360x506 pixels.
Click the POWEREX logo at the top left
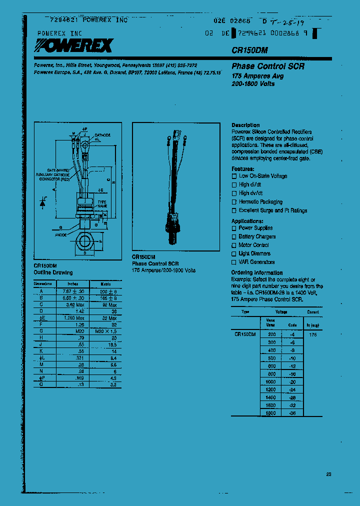click(x=73, y=46)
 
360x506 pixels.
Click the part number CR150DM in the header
click(x=248, y=50)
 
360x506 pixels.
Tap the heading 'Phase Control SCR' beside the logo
click(x=267, y=66)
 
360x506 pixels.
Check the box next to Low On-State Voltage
click(x=233, y=176)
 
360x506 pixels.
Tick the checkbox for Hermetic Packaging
click(x=233, y=202)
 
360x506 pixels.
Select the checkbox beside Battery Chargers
click(x=233, y=236)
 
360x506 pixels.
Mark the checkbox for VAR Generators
click(x=233, y=262)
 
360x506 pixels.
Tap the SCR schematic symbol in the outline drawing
click(x=43, y=201)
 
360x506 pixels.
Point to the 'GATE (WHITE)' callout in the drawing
click(x=58, y=170)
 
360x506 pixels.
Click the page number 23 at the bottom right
click(x=328, y=474)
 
